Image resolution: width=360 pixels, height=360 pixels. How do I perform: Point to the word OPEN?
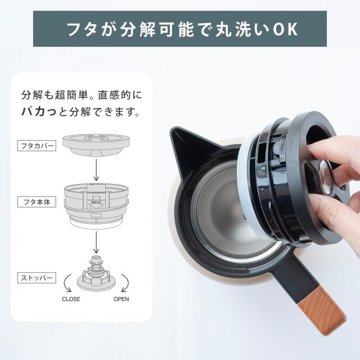click(121, 299)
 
